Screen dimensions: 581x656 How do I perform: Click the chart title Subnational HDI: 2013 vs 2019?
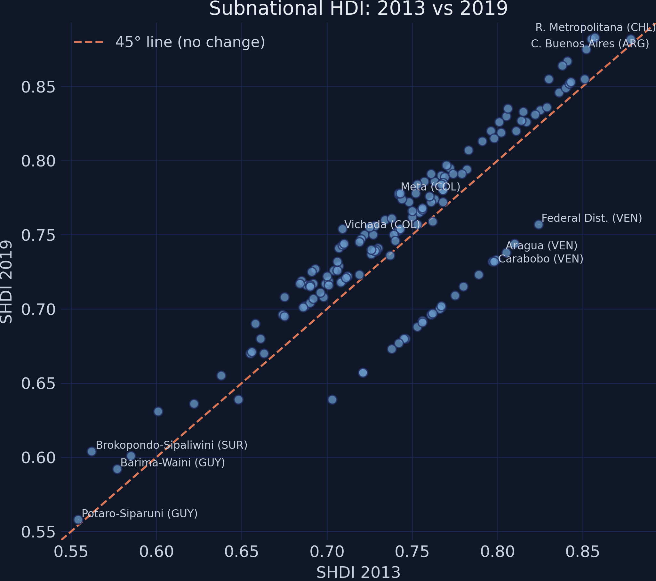(x=358, y=9)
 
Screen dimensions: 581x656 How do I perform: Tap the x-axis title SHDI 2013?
(x=358, y=573)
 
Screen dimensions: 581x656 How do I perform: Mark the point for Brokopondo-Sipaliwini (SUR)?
(x=92, y=452)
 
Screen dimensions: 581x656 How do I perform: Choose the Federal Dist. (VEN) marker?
(x=539, y=224)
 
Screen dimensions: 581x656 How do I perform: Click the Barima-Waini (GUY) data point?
(x=117, y=469)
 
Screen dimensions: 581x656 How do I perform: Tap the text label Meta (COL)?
(x=430, y=187)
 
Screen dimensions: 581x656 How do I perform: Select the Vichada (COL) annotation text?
(x=382, y=225)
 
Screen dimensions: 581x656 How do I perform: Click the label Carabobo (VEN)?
(x=540, y=259)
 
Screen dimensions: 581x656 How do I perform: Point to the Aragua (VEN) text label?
(x=541, y=246)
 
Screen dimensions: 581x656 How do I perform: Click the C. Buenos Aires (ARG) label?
(x=590, y=44)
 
